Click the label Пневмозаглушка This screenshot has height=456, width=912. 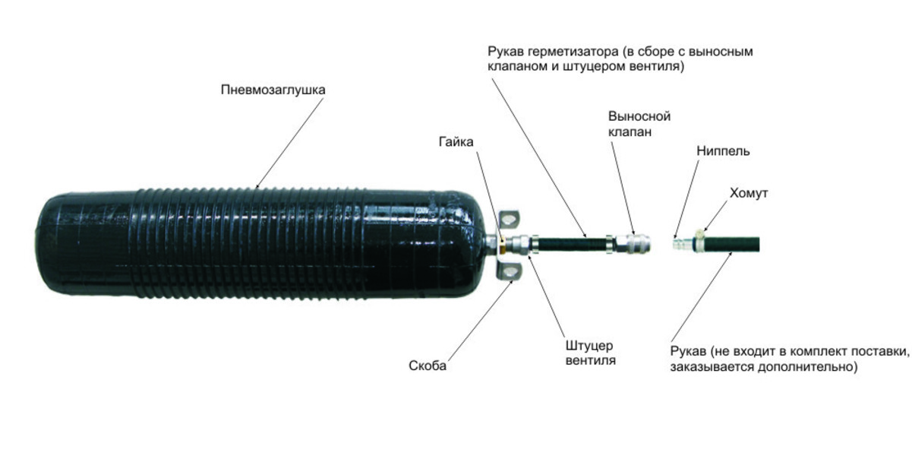coord(273,90)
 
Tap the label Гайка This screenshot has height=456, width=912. coord(456,142)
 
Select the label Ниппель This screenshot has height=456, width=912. coord(723,150)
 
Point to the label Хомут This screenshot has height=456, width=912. coord(748,193)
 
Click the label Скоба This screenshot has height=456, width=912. coord(428,366)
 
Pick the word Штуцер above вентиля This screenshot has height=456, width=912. coord(589,346)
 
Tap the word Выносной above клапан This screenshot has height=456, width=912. coord(639,116)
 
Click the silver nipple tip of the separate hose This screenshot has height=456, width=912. coord(679,245)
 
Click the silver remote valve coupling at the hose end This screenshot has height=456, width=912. coord(633,245)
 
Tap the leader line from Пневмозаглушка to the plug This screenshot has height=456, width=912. coord(290,143)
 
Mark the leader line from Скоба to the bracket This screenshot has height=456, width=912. coord(480,321)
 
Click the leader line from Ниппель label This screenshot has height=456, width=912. coord(686,199)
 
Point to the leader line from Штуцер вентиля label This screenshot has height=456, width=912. coord(548,296)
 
